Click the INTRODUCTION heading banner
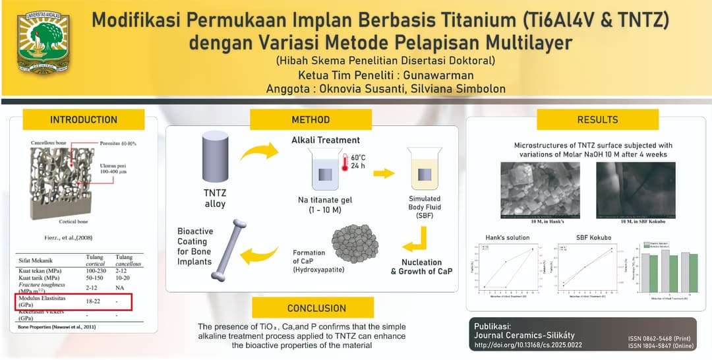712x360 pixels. [x=84, y=120]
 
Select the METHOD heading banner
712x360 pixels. [x=311, y=120]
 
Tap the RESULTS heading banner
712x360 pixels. [x=597, y=120]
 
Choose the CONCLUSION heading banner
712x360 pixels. [x=316, y=308]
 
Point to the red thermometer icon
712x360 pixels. [x=344, y=162]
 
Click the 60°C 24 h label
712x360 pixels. [x=358, y=162]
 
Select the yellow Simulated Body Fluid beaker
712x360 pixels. [x=425, y=169]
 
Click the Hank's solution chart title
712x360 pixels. [x=508, y=237]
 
